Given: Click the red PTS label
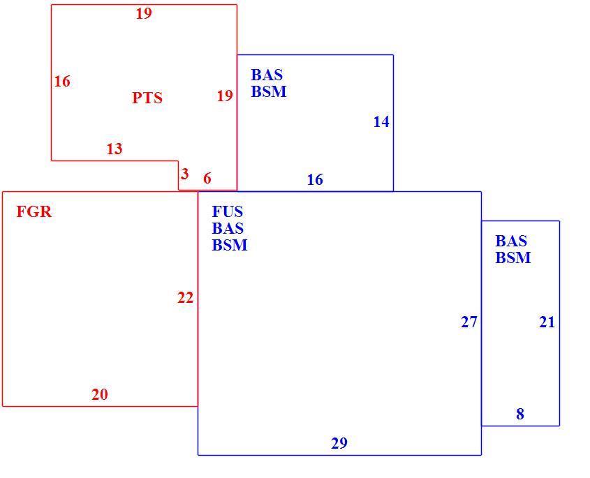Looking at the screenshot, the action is (x=147, y=98).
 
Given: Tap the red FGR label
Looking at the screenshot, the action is (x=34, y=211).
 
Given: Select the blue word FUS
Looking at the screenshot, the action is (x=227, y=211).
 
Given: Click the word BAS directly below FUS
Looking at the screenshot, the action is (x=228, y=228).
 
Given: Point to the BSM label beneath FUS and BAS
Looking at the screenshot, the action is (x=230, y=245).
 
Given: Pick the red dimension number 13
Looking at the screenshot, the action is (x=115, y=149).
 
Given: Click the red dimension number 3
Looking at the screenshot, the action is (x=184, y=174).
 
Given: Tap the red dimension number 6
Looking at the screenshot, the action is (x=207, y=178).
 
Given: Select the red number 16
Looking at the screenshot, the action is (x=62, y=81).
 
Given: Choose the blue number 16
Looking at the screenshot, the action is (x=315, y=180).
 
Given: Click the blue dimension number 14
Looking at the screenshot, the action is (x=381, y=122).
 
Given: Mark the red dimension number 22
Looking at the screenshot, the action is (x=186, y=298).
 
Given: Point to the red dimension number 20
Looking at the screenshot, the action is (x=100, y=394).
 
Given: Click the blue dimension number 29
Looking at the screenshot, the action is (x=339, y=443).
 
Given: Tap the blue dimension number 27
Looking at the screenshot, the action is (x=469, y=322).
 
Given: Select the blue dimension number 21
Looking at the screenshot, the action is (x=547, y=322).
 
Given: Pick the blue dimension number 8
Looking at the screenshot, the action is (x=520, y=414).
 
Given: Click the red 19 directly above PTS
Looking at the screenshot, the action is (x=144, y=13).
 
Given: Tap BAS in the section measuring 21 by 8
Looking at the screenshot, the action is (x=511, y=241).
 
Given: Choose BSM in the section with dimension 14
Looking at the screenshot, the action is (x=269, y=91).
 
